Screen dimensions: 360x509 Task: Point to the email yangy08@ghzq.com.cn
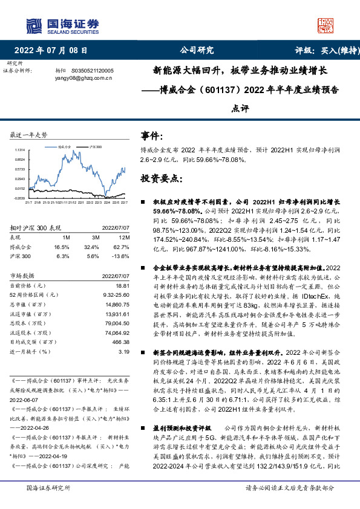pos(79,77)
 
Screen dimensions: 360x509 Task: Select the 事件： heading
pos(151,137)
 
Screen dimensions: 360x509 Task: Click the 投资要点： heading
pos(160,180)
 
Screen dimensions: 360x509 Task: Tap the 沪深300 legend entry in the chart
pos(95,146)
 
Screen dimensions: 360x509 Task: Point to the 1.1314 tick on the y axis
pos(20,150)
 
